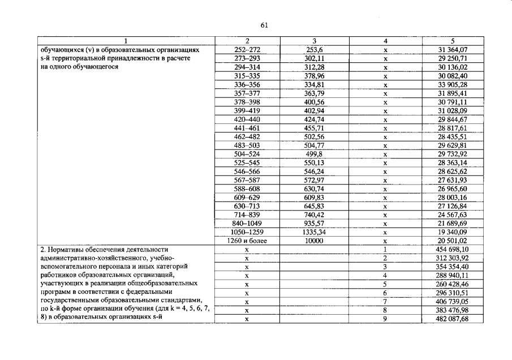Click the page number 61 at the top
264,25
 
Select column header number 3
314,41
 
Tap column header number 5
452,41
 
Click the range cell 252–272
247,49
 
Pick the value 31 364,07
452,49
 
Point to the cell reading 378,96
314,75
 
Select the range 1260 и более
247,241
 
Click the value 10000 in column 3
314,241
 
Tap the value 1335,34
314,232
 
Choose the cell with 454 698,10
452,249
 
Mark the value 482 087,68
452,319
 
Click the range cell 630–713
247,206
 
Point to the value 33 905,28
452,84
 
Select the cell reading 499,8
314,153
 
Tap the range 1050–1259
247,232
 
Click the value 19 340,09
452,232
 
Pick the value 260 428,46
452,284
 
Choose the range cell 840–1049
247,223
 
